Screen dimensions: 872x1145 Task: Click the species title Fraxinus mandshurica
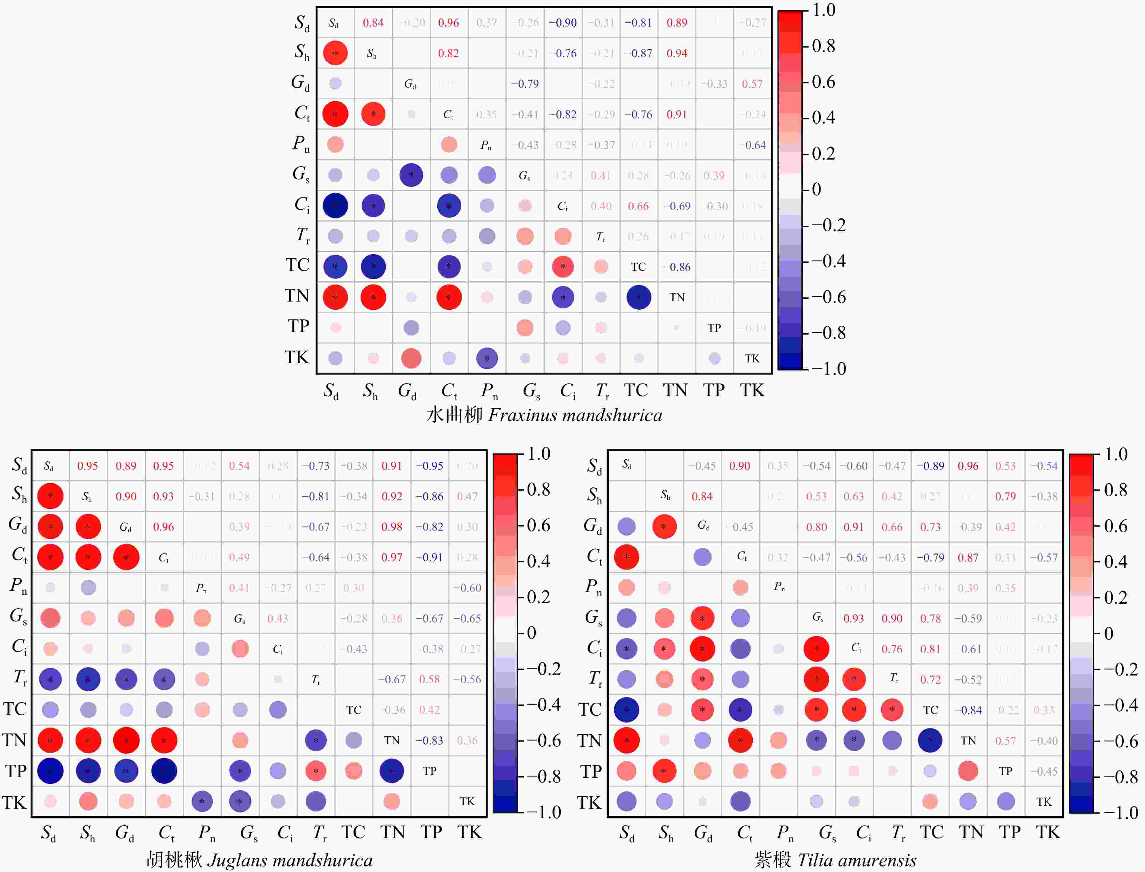tap(575, 415)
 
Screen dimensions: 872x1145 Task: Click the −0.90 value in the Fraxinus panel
tap(563, 23)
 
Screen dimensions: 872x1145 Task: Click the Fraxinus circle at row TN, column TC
tap(639, 297)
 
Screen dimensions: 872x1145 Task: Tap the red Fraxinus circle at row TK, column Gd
tap(411, 358)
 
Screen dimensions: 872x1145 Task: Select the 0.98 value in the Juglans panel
tap(392, 527)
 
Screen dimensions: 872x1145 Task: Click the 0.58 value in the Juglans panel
tap(430, 680)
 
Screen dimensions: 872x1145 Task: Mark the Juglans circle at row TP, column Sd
tap(50, 771)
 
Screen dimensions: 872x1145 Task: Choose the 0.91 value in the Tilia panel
tap(853, 527)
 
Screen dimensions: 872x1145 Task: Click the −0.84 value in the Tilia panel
tap(968, 710)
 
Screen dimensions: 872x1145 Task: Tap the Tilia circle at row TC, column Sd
tap(626, 710)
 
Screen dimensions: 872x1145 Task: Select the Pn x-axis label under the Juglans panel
tap(207, 832)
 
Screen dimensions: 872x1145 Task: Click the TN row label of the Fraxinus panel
tap(297, 296)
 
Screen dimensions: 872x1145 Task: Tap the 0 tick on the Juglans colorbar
tap(531, 633)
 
